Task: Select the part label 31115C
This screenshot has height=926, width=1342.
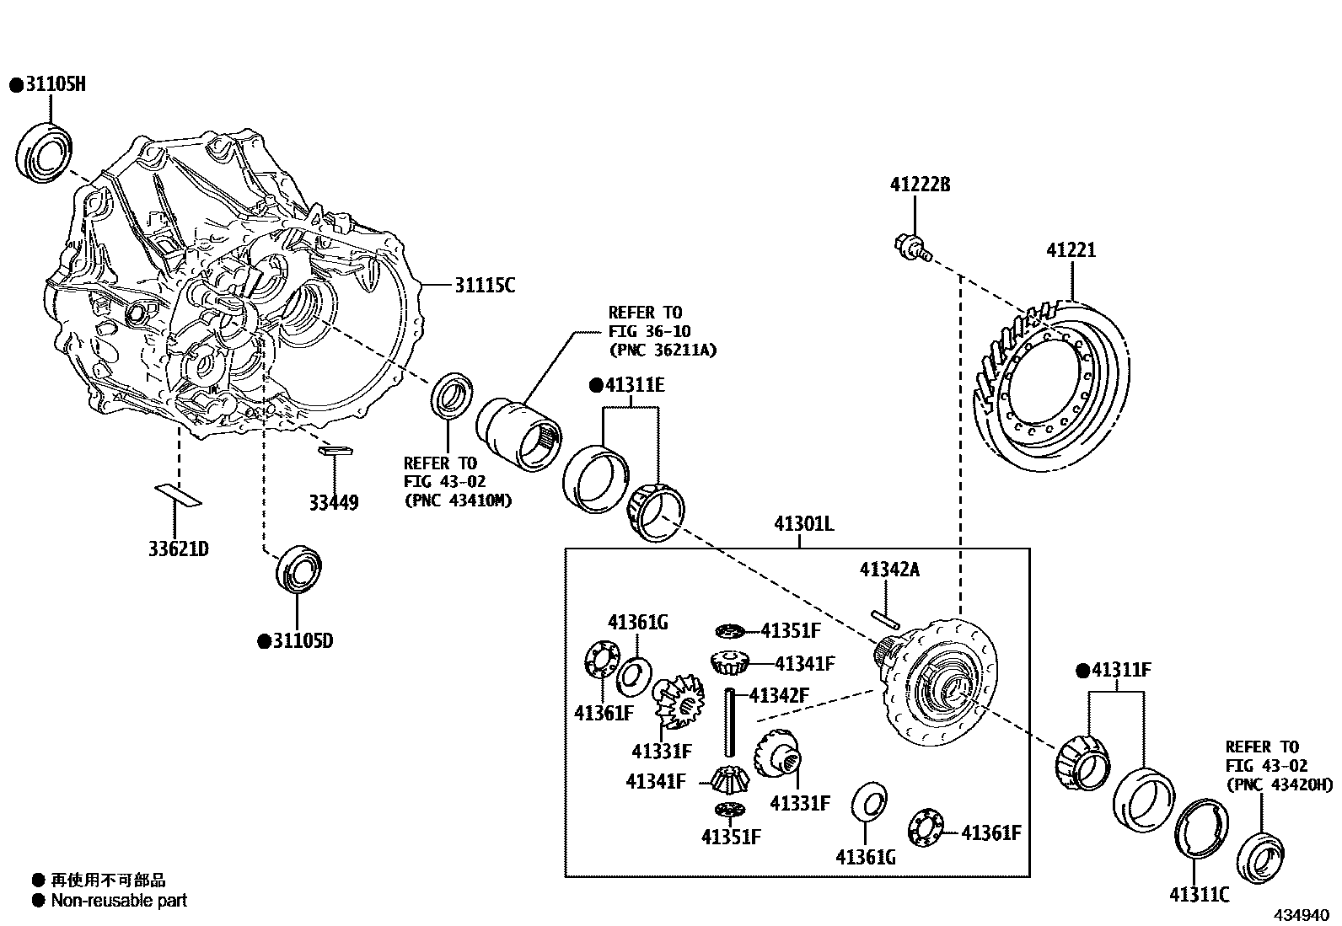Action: pyautogui.click(x=484, y=286)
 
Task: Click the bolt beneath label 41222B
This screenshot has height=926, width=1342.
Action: pyautogui.click(x=910, y=247)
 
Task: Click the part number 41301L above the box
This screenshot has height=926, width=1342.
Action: pyautogui.click(x=803, y=524)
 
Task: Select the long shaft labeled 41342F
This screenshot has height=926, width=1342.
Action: pyautogui.click(x=729, y=722)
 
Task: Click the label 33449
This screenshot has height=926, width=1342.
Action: pyautogui.click(x=333, y=503)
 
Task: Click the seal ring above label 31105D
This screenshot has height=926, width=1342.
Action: pyautogui.click(x=299, y=569)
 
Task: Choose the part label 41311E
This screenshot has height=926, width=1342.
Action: pyautogui.click(x=634, y=386)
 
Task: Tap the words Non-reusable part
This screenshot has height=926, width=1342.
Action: pyautogui.click(x=118, y=900)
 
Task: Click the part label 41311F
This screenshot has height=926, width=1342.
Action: pyautogui.click(x=1119, y=671)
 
